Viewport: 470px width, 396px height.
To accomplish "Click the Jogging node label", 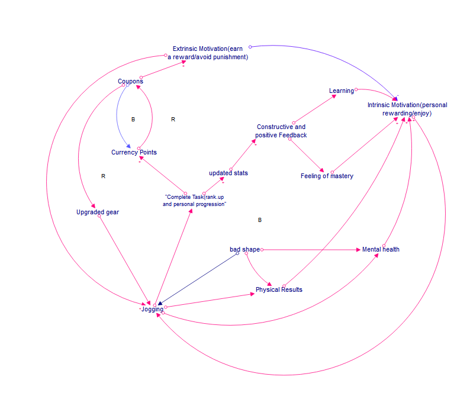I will [152, 309].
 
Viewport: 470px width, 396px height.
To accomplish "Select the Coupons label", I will [130, 81].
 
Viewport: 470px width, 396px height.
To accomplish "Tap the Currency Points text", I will [134, 152].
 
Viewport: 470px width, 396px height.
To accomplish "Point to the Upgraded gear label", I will [98, 212].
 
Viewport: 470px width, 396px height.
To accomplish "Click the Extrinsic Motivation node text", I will [207, 53].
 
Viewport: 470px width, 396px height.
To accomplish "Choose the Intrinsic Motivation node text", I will [407, 109].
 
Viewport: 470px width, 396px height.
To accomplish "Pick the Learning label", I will [342, 91].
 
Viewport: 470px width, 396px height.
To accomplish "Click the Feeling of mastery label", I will [327, 176].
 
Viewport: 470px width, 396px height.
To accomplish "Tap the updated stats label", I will [228, 173].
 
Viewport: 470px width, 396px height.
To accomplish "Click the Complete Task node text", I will [195, 200].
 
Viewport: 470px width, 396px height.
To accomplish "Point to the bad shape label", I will [244, 249].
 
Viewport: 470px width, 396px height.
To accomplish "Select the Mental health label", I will [381, 249].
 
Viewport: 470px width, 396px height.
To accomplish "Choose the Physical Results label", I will [279, 289].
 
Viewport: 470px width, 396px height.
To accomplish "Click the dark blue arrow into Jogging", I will [198, 278].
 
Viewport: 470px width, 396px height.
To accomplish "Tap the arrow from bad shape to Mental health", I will [311, 250].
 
